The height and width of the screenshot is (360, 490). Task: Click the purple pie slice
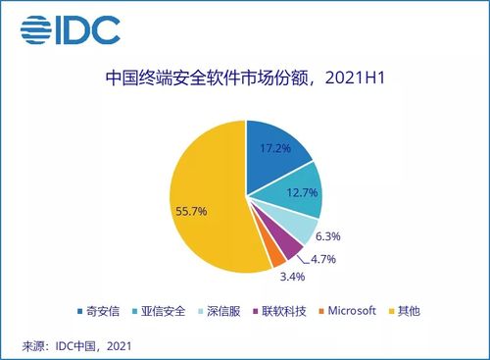pos(285,247)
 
